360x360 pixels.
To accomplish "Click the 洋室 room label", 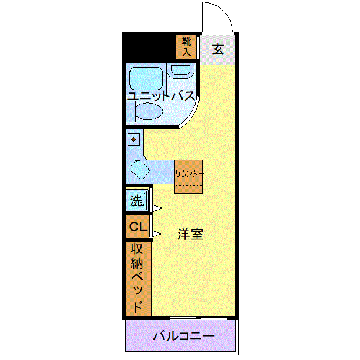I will click(190, 234).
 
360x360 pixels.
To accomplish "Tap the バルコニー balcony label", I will click(184, 337).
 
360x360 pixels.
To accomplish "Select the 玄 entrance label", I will click(218, 49).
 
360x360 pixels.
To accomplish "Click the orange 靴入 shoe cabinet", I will click(187, 47).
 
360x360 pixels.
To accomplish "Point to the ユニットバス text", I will click(160, 96).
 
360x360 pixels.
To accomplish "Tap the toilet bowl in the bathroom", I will click(150, 111).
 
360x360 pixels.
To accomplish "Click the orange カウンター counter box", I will click(188, 176).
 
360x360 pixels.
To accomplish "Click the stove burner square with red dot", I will click(134, 139).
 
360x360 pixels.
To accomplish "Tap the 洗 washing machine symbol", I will click(136, 201).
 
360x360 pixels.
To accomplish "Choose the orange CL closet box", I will click(138, 227).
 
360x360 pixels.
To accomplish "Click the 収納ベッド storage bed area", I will click(138, 277).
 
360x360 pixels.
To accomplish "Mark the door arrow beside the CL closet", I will click(156, 234).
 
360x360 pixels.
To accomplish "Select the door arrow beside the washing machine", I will click(156, 207).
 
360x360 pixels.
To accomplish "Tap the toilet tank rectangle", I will click(130, 111).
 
